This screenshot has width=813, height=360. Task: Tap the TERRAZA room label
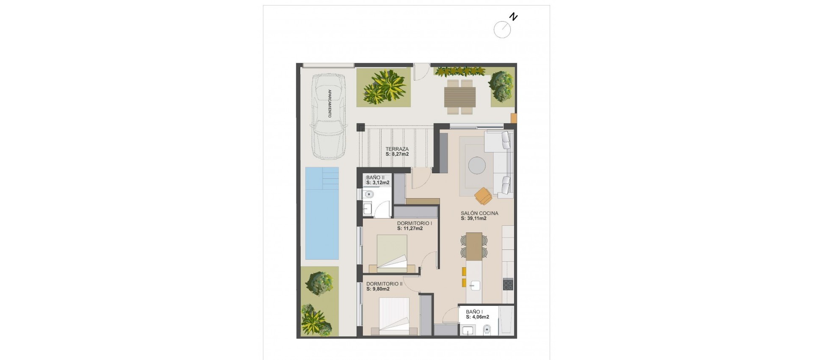(397, 149)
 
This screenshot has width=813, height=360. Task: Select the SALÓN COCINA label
(479, 213)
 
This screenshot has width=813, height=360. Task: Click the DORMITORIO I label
(414, 223)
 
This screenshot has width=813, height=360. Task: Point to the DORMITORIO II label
(384, 284)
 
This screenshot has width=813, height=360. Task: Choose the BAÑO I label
(474, 312)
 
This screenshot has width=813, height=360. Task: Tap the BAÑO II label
(375, 177)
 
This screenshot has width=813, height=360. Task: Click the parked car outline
(328, 116)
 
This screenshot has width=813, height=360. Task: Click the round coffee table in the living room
(477, 165)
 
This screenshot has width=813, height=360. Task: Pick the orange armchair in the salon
(483, 195)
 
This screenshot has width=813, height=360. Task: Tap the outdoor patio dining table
(460, 97)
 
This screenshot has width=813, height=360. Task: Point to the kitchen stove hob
(508, 284)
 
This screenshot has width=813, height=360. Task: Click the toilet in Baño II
(368, 194)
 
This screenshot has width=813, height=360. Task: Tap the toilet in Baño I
(487, 329)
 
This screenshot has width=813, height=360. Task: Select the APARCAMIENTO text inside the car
(329, 103)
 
